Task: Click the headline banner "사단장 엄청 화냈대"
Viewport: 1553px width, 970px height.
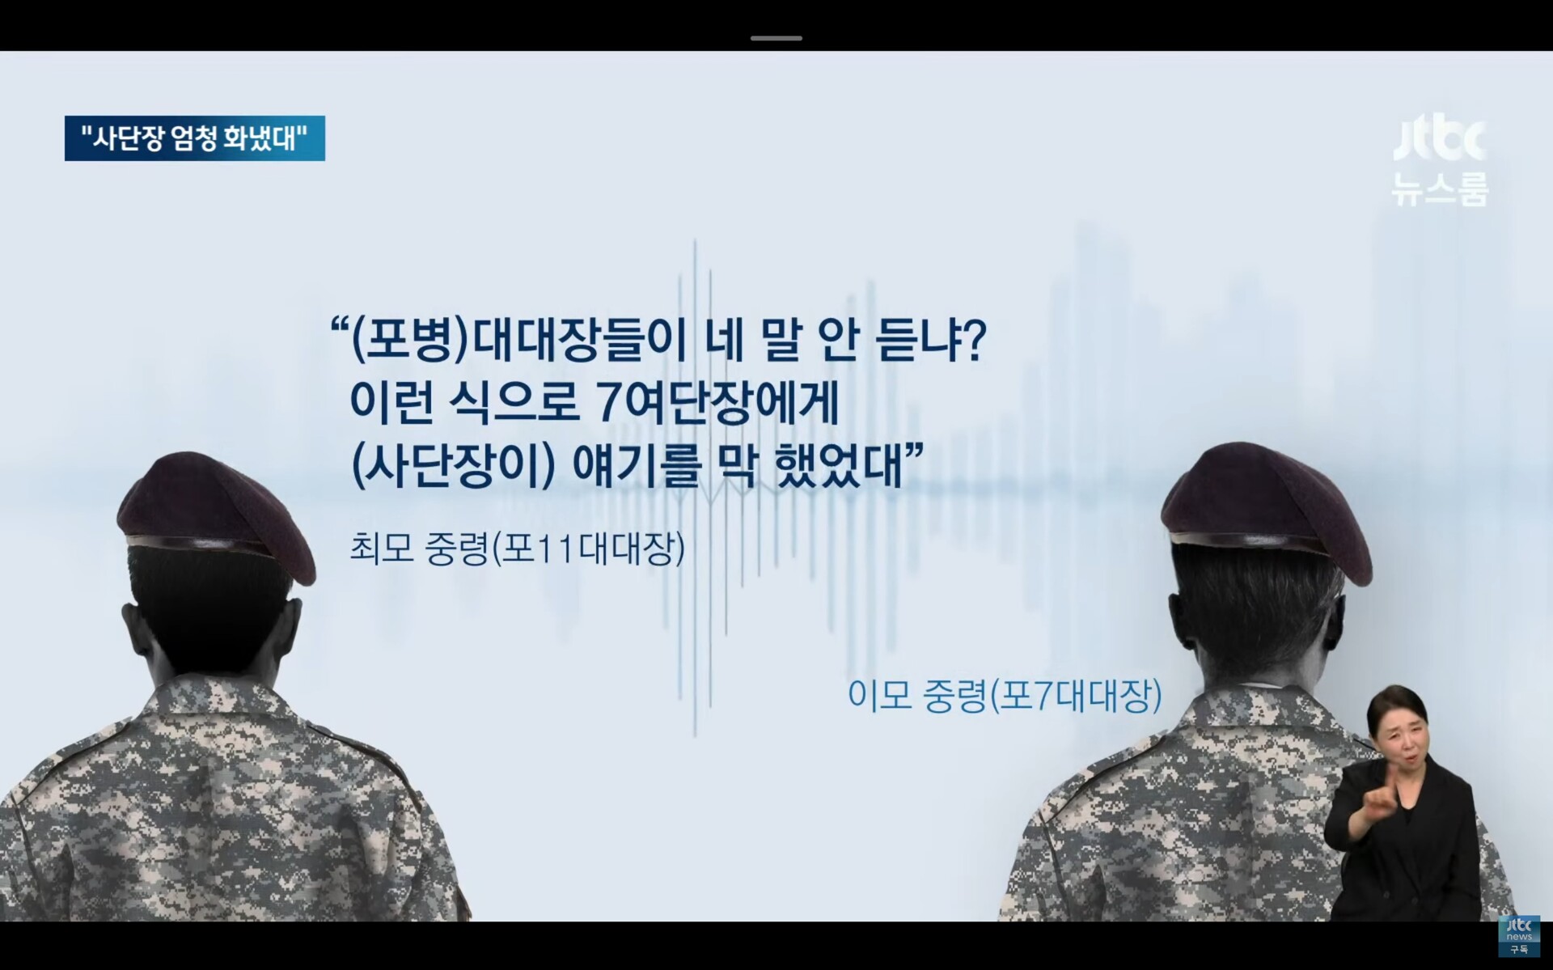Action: pyautogui.click(x=195, y=138)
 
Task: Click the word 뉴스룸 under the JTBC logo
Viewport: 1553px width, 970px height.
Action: pyautogui.click(x=1440, y=189)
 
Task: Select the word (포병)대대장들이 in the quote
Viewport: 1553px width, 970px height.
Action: pyautogui.click(x=518, y=340)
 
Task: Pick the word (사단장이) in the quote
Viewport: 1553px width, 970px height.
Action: pyautogui.click(x=454, y=466)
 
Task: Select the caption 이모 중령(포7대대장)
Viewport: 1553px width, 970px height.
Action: pyautogui.click(x=1005, y=696)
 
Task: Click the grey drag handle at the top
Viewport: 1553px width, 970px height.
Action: pyautogui.click(x=776, y=38)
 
